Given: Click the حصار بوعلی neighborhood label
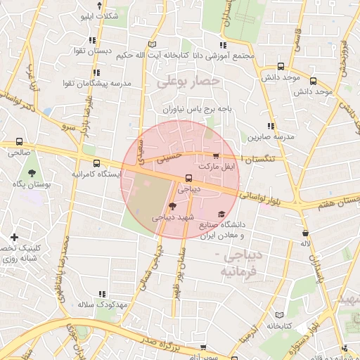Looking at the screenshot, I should pos(188,82).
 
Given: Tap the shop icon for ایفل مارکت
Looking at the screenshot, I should pos(216,157).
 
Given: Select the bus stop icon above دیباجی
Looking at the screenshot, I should pos(188,179).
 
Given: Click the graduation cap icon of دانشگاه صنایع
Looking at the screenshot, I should pos(221,214).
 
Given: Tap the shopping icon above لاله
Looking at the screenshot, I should pos(305,233).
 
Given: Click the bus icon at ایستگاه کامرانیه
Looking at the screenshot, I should pos(96,164).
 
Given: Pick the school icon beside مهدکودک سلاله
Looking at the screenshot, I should pos(103,294).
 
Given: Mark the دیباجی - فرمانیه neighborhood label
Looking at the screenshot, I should pos(236,262).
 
